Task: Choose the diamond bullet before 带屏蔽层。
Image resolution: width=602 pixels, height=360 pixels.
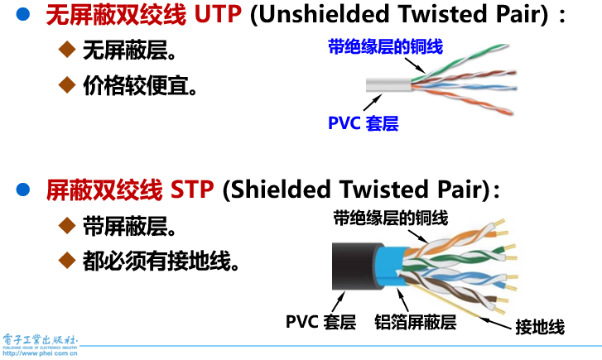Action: point(68,224)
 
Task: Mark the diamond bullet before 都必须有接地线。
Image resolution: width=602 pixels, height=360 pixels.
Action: point(68,260)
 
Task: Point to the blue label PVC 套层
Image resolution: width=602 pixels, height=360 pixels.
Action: point(364,124)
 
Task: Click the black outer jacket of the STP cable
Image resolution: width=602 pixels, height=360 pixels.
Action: point(352,264)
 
